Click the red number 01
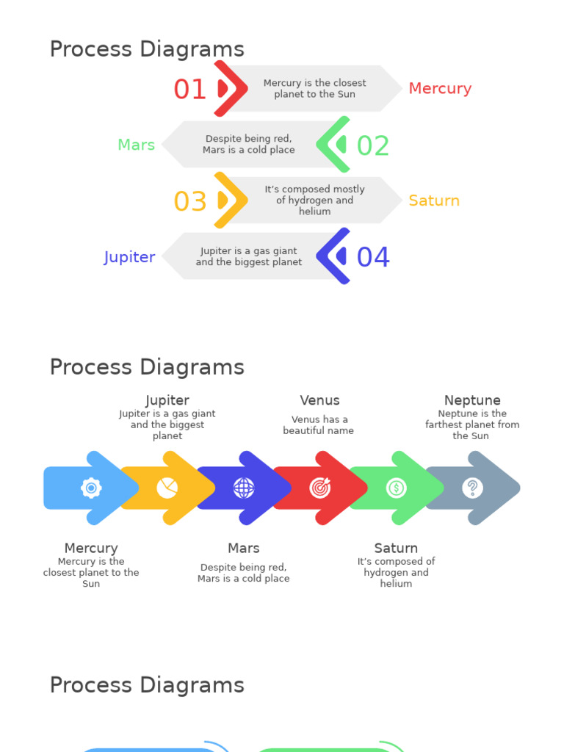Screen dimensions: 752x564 pos(189,90)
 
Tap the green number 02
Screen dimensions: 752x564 pos(372,146)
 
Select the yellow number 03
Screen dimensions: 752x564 pos(189,202)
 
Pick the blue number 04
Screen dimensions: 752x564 pos(372,258)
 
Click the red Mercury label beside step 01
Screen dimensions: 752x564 pos(440,89)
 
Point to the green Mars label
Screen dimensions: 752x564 pos(137,145)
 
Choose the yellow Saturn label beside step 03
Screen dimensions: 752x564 pos(434,201)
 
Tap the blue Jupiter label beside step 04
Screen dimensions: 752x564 pos(129,257)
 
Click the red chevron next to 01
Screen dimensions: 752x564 pos(229,89)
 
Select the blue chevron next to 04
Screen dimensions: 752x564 pos(334,256)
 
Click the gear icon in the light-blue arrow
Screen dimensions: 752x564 pos(91,488)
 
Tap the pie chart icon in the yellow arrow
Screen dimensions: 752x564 pos(167,488)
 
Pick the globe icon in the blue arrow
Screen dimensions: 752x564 pos(244,488)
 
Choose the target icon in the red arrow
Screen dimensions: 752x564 pos(320,488)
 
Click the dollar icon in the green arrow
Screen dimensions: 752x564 pos(397,488)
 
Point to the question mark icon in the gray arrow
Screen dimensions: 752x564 pos(473,488)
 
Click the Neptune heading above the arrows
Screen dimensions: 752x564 pos(472,400)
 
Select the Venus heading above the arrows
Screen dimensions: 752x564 pos(319,400)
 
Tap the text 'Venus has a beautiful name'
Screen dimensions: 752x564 pos(319,425)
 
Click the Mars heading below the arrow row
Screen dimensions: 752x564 pos(244,549)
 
